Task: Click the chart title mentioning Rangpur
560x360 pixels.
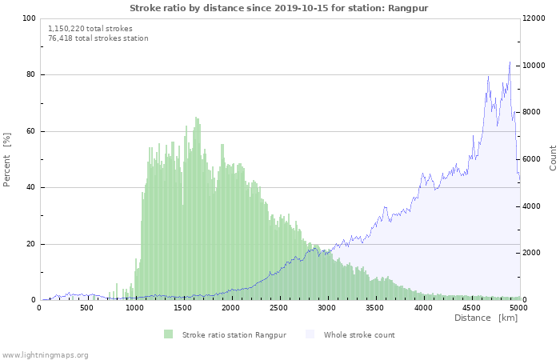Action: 279,7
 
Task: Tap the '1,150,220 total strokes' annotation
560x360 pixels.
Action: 90,28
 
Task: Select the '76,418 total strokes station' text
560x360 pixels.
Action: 98,38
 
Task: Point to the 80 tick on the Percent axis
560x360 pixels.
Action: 31,75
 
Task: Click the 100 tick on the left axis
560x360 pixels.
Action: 29,18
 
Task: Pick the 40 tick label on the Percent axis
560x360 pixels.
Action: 31,188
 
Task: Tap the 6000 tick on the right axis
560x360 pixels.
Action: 534,159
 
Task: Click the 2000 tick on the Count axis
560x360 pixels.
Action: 534,254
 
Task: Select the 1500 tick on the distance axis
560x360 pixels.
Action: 183,307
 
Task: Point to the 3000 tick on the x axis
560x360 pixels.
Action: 326,307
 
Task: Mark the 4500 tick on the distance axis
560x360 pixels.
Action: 470,307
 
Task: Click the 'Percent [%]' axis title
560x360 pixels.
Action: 7,159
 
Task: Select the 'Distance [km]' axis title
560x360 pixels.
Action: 486,318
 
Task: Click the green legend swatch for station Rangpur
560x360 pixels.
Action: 168,334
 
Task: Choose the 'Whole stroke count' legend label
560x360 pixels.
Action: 359,334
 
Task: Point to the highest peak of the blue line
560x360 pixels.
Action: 510,62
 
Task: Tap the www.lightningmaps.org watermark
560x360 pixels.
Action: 45,354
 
